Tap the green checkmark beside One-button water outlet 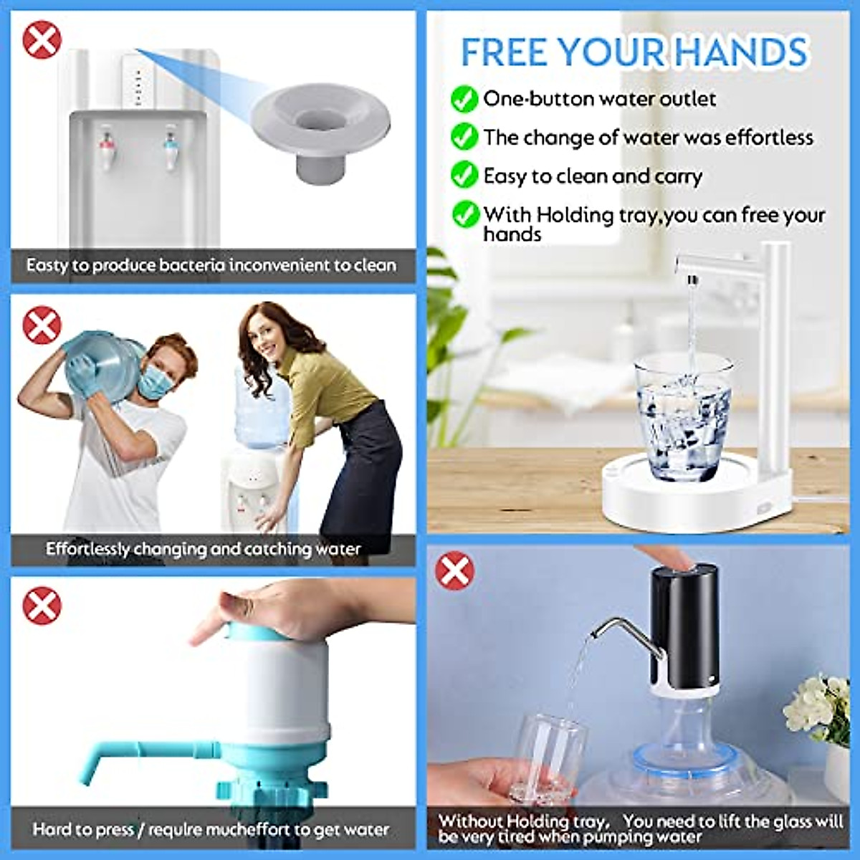[464, 99]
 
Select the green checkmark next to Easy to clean [464, 175]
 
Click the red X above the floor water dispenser [42, 39]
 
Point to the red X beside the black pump [454, 571]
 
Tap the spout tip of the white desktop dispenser [691, 278]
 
